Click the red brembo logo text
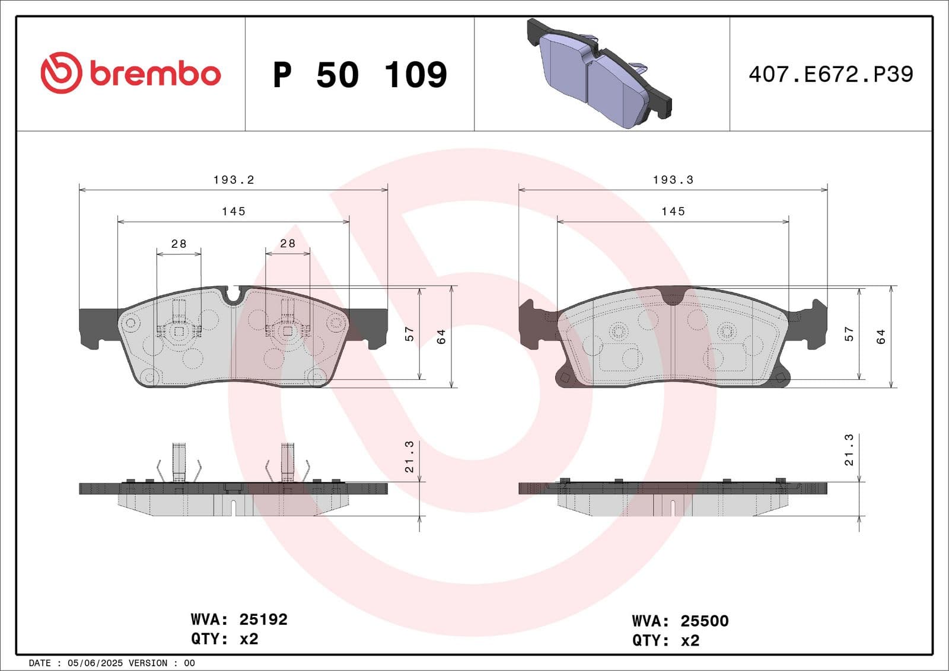[x=155, y=74]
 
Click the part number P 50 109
[x=359, y=75]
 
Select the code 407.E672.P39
[x=830, y=74]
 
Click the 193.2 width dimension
[x=234, y=180]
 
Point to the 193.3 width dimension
[x=673, y=180]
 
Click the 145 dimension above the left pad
[x=234, y=211]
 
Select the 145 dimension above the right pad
[x=673, y=211]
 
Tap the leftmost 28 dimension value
[x=179, y=244]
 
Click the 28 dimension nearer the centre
[x=288, y=243]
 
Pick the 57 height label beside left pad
[x=409, y=334]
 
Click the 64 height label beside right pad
[x=881, y=336]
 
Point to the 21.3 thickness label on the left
[x=409, y=456]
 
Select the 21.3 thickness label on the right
[x=849, y=450]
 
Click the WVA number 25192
[x=263, y=619]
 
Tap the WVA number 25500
[x=704, y=621]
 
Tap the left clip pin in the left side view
[x=179, y=462]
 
